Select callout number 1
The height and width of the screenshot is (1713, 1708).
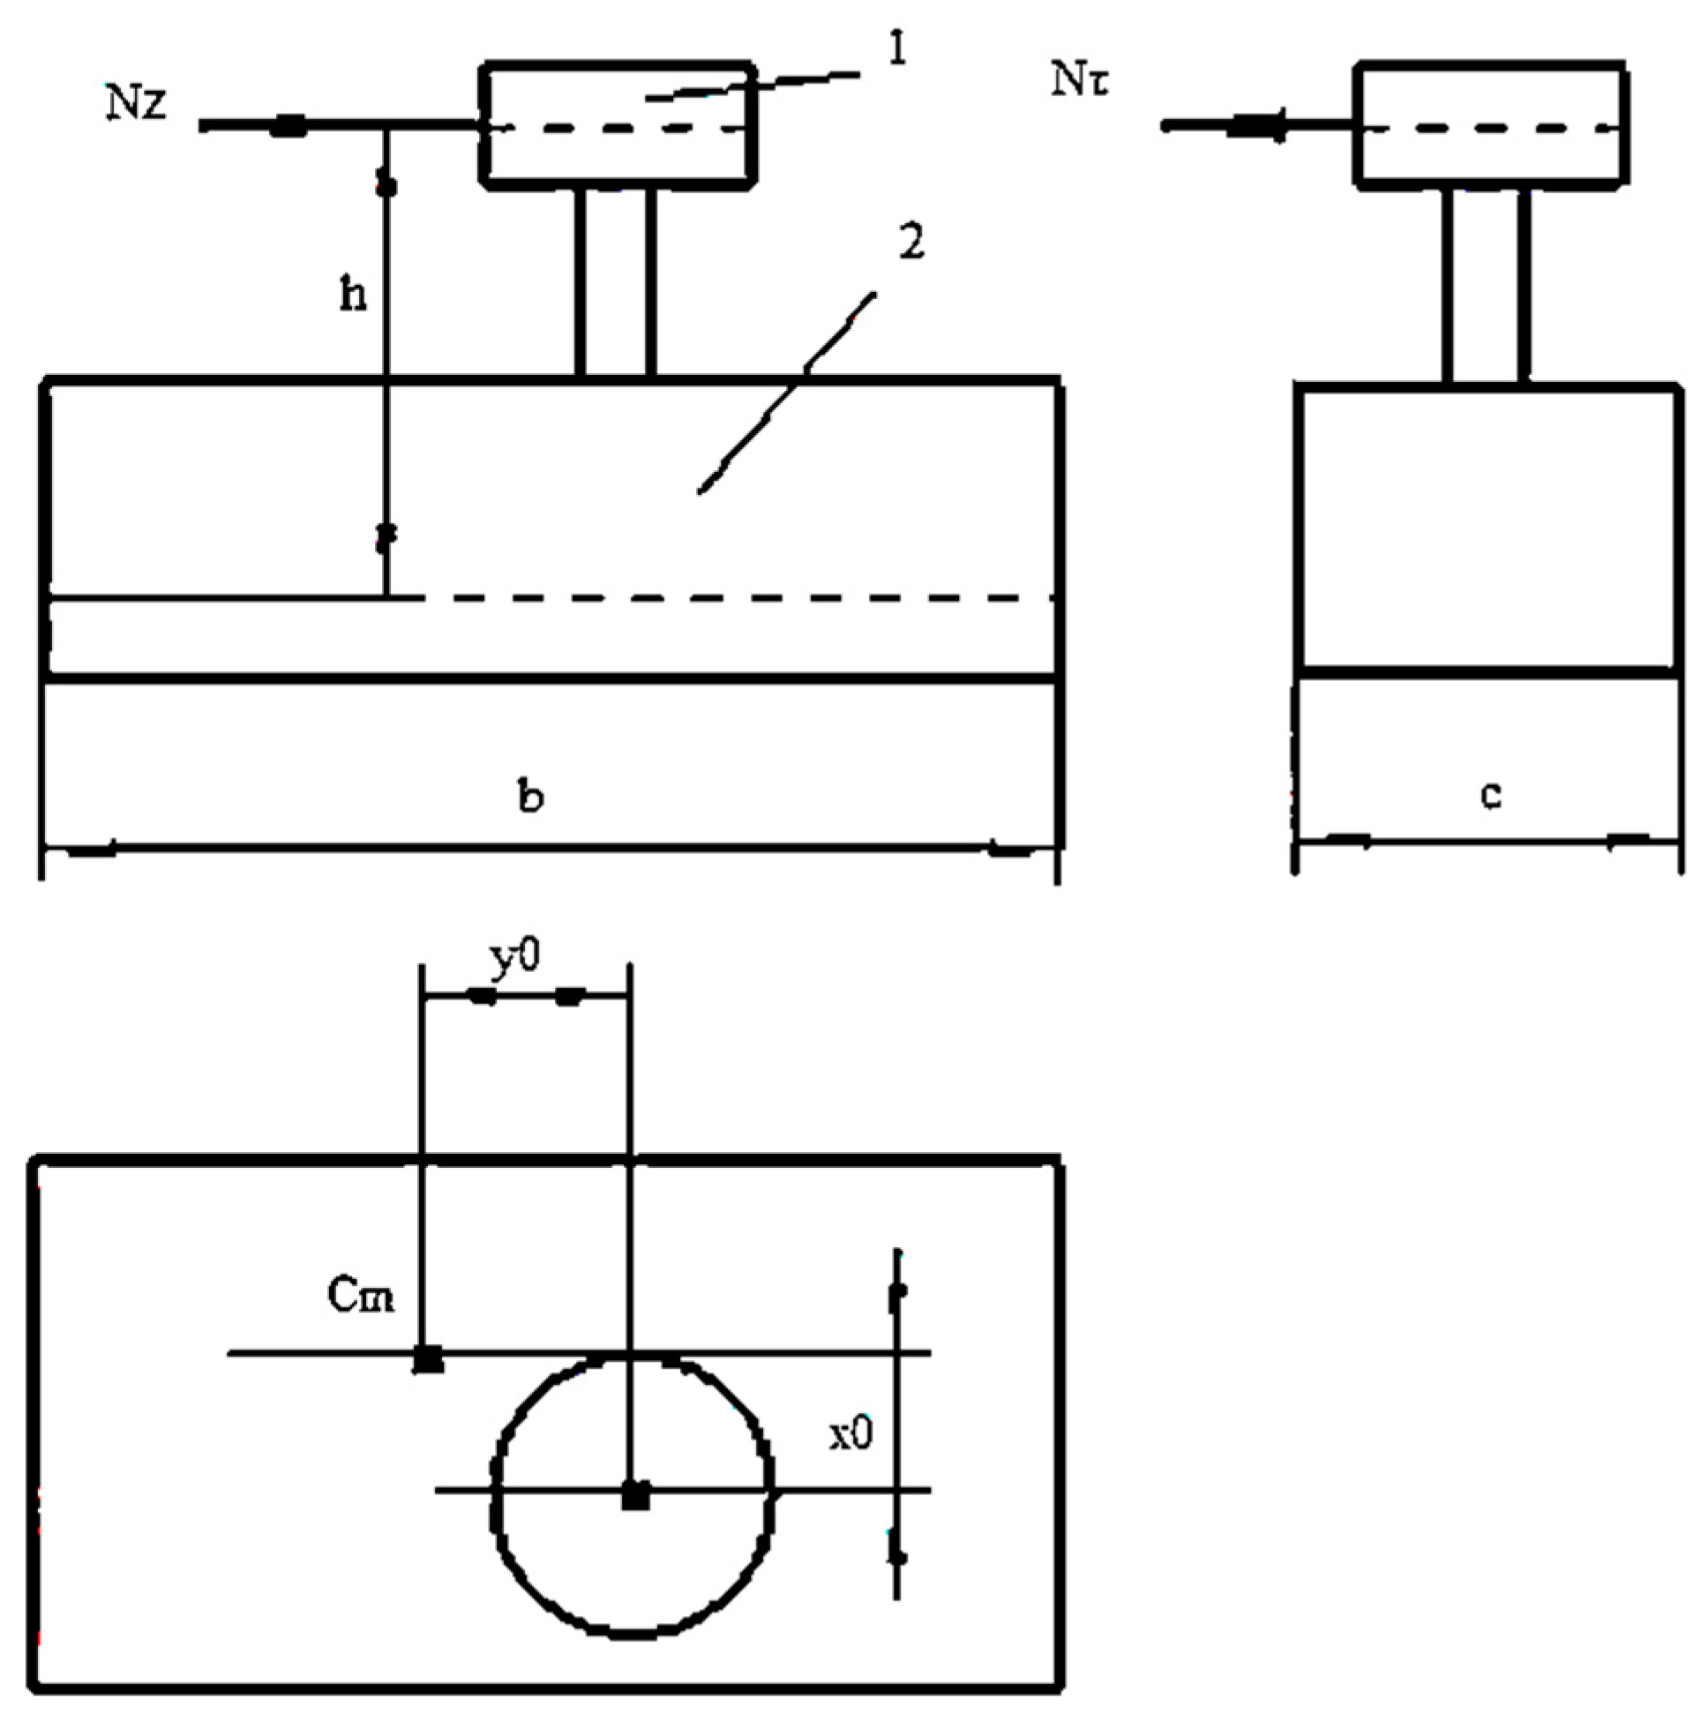(896, 50)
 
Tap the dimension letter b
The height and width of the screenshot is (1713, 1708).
(530, 797)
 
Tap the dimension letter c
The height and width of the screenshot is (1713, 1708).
(1491, 796)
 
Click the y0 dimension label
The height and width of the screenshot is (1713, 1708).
(514, 959)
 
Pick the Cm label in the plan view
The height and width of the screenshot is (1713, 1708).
(360, 1298)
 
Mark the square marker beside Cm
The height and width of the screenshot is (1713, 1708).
(430, 1358)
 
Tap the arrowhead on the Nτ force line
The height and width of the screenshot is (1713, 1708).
(1257, 127)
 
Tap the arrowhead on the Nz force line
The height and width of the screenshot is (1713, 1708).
(288, 127)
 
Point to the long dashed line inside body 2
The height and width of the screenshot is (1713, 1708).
(736, 598)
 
